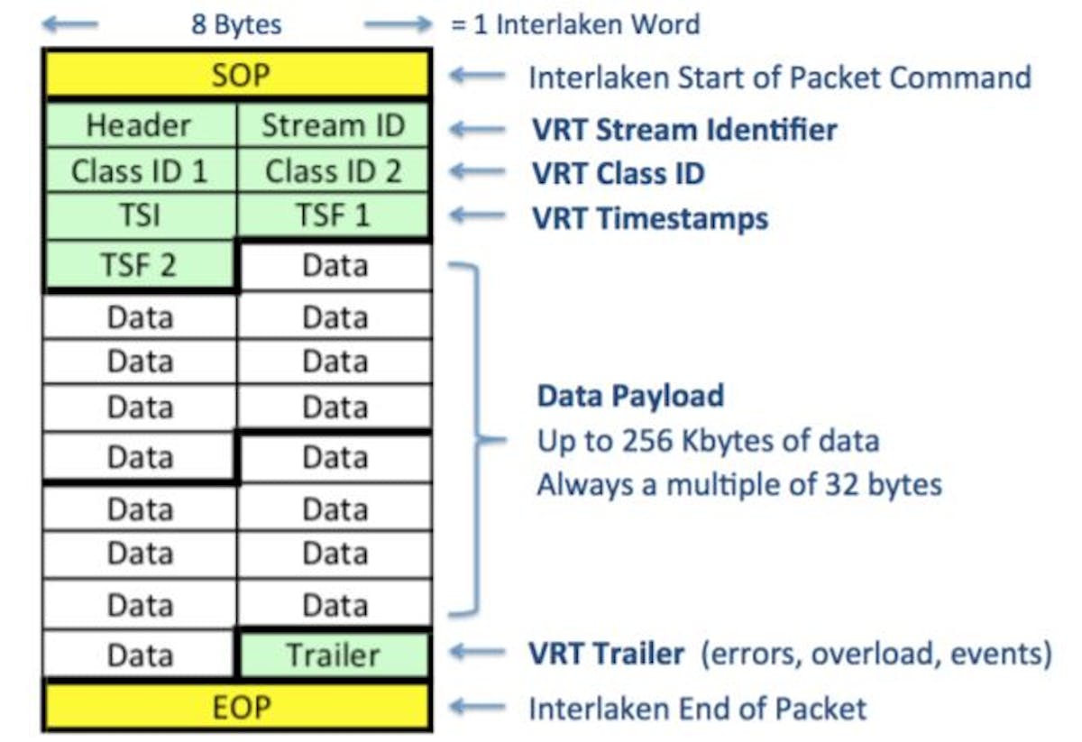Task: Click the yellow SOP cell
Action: coord(237,76)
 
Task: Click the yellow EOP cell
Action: coord(237,708)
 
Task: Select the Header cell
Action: coord(140,126)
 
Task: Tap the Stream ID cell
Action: coord(334,126)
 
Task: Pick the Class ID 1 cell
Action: coord(140,171)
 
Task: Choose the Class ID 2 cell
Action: coord(334,171)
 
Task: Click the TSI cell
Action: coord(140,217)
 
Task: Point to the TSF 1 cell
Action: coord(334,217)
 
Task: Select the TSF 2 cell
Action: coord(140,266)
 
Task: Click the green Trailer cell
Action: coord(334,655)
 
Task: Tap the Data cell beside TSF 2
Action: coord(335,266)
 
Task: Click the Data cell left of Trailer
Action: coord(140,655)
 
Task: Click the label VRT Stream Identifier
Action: coord(683,130)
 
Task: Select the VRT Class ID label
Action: coord(618,173)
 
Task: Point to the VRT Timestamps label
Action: coord(649,218)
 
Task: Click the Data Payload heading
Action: coord(630,396)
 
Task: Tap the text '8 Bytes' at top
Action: coord(236,24)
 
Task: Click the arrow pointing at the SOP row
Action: coord(477,77)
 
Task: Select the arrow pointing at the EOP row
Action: coord(477,709)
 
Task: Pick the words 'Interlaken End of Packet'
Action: coord(697,709)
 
